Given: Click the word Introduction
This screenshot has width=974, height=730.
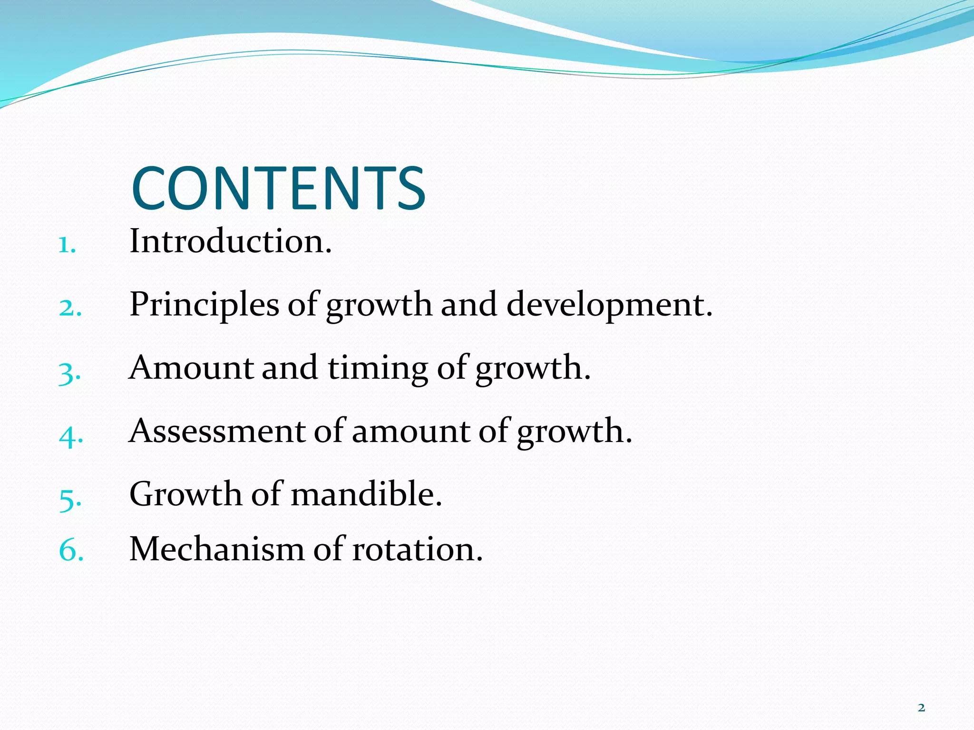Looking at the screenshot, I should click(x=230, y=241).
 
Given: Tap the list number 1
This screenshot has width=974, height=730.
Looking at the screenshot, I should click(x=67, y=245).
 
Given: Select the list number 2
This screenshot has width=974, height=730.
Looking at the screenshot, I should click(x=70, y=308).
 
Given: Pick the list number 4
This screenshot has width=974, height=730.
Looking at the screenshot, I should click(x=71, y=436).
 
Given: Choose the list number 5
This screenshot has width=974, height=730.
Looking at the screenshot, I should click(x=70, y=499).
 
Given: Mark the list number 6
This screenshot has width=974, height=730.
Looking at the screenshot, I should click(x=71, y=551).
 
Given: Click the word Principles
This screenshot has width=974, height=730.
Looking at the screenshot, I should click(x=204, y=305).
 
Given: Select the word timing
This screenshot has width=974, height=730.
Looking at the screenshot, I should click(x=378, y=368).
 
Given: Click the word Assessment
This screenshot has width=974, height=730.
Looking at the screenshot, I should click(x=217, y=431).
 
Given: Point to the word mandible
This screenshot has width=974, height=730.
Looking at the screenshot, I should click(x=366, y=494).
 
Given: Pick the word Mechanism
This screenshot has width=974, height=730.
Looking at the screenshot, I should click(x=216, y=549).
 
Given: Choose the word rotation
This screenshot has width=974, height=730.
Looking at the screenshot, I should click(x=417, y=549).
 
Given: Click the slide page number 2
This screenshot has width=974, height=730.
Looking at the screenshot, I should click(x=921, y=708).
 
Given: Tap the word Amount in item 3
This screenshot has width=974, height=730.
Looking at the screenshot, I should click(x=191, y=368).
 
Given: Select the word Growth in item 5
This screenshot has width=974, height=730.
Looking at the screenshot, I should click(x=185, y=494).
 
